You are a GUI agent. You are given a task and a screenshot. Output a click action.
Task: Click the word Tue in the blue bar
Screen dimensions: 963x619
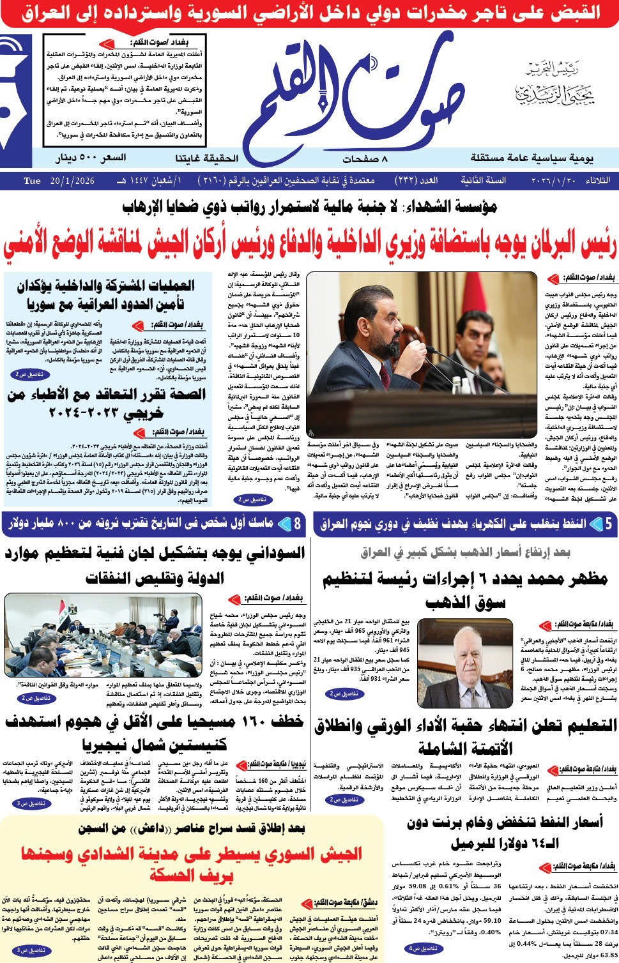coord(32,181)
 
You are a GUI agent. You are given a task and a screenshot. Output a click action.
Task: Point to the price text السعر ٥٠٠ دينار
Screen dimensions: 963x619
coord(91,158)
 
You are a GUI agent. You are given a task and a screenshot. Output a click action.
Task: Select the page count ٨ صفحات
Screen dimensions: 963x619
coord(365,158)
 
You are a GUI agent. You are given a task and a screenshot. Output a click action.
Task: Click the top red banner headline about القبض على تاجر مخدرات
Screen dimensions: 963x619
coord(309,13)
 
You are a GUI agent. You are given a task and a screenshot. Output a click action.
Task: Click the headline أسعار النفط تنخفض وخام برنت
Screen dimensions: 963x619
coord(505,832)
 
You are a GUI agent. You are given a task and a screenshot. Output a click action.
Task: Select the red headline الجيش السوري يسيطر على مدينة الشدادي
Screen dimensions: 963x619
coord(192,863)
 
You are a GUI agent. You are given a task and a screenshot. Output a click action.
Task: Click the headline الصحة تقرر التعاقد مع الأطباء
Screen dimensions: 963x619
coord(106,404)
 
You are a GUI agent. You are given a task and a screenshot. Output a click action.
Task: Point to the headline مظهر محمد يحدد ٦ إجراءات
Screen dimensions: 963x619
coord(465,590)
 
